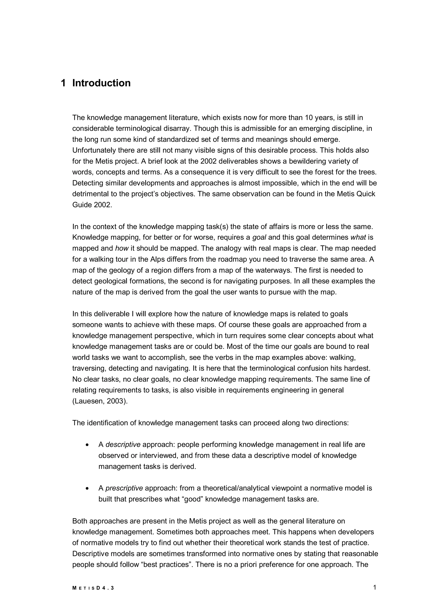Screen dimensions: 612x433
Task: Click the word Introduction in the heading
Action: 101,83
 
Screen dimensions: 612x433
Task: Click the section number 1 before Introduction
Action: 63,83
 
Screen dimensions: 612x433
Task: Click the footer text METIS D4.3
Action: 93,588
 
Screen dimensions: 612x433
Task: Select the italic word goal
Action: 259,237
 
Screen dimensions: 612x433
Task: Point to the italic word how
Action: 122,248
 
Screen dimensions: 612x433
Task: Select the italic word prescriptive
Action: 124,488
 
